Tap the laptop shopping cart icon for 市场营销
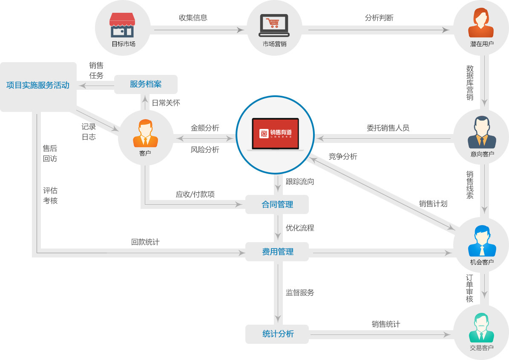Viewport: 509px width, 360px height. coord(274,25)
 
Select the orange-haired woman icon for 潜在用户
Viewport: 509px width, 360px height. coord(481,23)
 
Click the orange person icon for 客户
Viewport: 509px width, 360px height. coord(145,134)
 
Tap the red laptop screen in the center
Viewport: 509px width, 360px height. coord(275,133)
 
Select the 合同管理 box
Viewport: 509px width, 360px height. coord(277,205)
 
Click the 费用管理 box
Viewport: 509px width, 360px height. coord(277,251)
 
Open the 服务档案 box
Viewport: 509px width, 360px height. coord(146,84)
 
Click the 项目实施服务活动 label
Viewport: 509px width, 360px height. coord(38,85)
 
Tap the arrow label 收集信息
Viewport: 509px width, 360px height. coord(193,18)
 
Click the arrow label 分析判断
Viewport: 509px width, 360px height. coord(379,18)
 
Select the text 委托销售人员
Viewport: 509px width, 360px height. coord(388,128)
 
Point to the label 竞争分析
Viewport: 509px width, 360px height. coord(343,156)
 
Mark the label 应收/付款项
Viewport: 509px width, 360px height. coord(195,194)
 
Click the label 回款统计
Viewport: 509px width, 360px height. coord(145,242)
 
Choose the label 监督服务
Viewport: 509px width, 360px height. coord(300,292)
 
